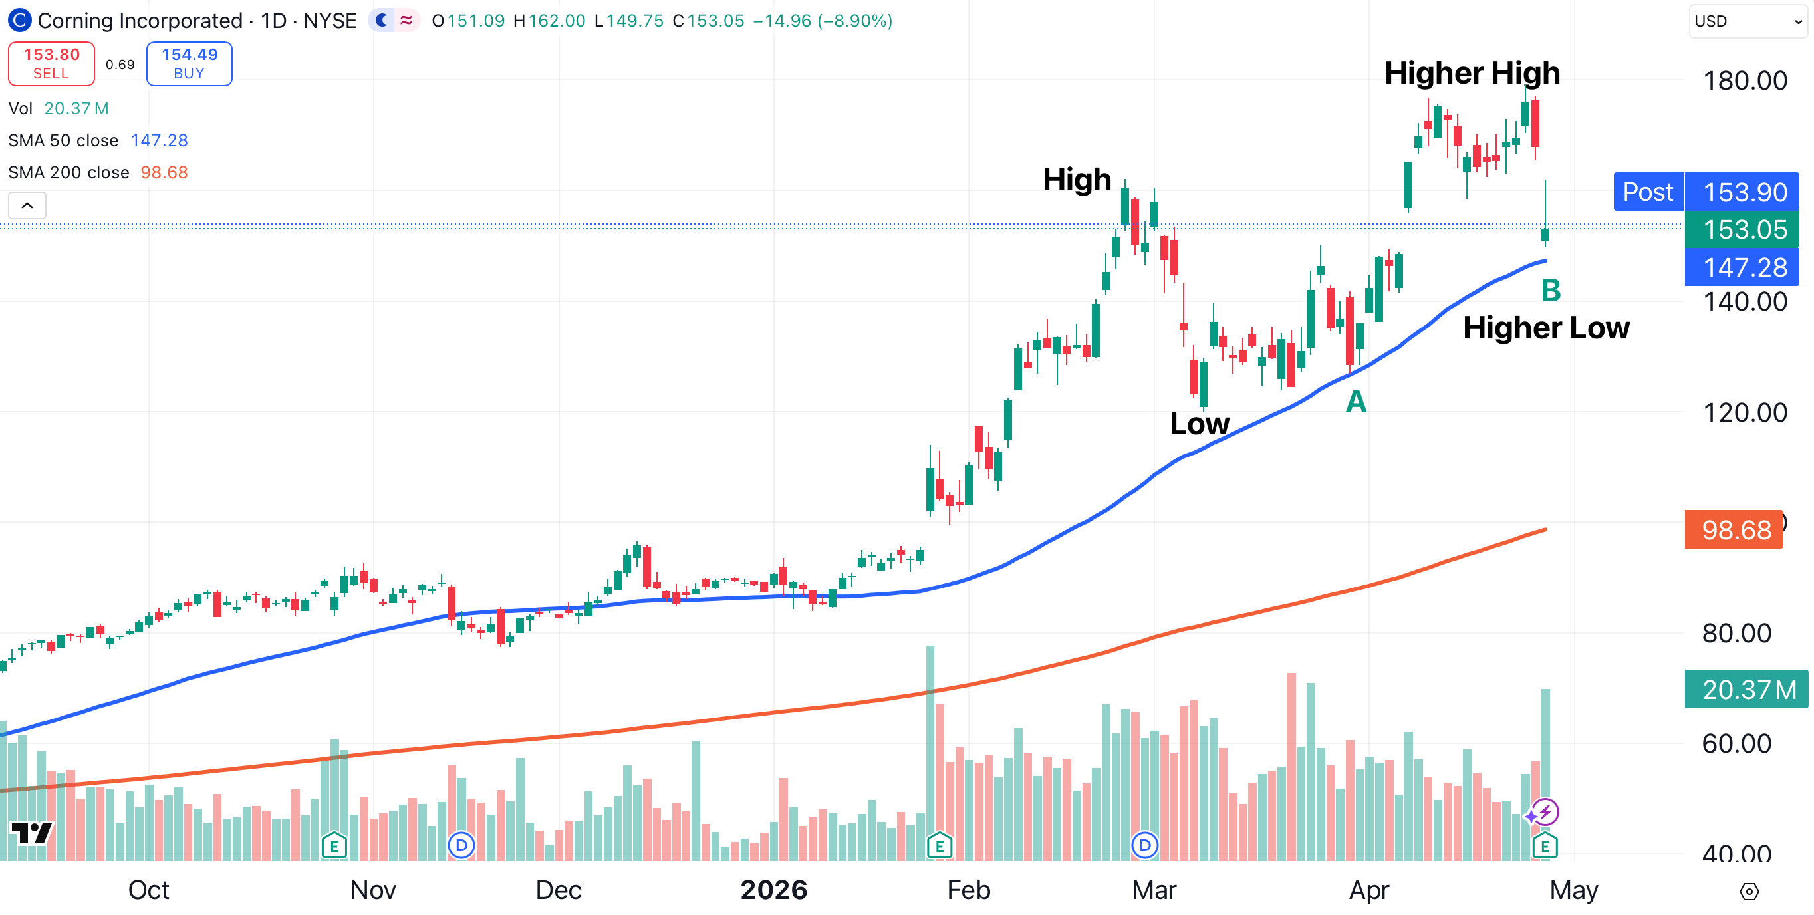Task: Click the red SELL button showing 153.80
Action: click(x=51, y=63)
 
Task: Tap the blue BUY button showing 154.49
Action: click(x=189, y=63)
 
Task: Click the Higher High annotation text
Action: click(x=1472, y=73)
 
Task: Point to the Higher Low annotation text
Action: click(x=1546, y=328)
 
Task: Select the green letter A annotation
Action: click(x=1356, y=402)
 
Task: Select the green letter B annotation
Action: click(x=1551, y=290)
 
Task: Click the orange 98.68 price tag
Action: click(x=1734, y=530)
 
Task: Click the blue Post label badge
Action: click(x=1647, y=192)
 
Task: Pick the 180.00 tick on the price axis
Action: click(x=1744, y=81)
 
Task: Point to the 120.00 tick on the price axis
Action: click(x=1744, y=413)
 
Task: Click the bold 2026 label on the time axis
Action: click(x=773, y=890)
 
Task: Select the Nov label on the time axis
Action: click(x=372, y=890)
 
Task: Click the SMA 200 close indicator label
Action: click(x=69, y=173)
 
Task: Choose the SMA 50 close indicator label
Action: click(x=63, y=141)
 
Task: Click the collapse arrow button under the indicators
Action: click(x=27, y=205)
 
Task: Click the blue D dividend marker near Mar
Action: click(x=1144, y=845)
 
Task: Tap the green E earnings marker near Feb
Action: click(x=940, y=845)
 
